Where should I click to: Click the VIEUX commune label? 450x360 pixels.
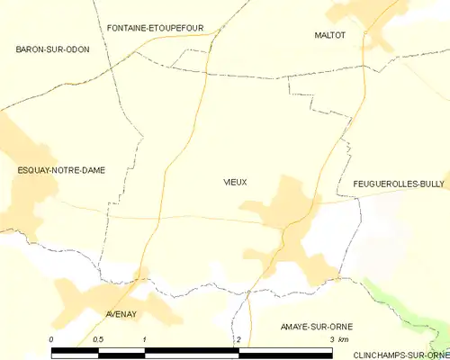tap(235, 183)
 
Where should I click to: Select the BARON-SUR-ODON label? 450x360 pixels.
tap(52, 49)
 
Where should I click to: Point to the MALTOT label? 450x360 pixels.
tap(329, 35)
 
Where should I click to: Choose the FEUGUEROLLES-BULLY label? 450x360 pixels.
tap(392, 184)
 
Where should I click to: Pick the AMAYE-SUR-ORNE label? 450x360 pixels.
tap(316, 325)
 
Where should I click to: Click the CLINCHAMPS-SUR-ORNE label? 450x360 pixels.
tap(400, 355)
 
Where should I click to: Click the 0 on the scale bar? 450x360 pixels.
tap(52, 339)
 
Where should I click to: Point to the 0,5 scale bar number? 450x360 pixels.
tap(98, 339)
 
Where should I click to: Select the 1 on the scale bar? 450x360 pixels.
tap(145, 339)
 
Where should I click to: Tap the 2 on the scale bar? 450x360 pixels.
tap(238, 339)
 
